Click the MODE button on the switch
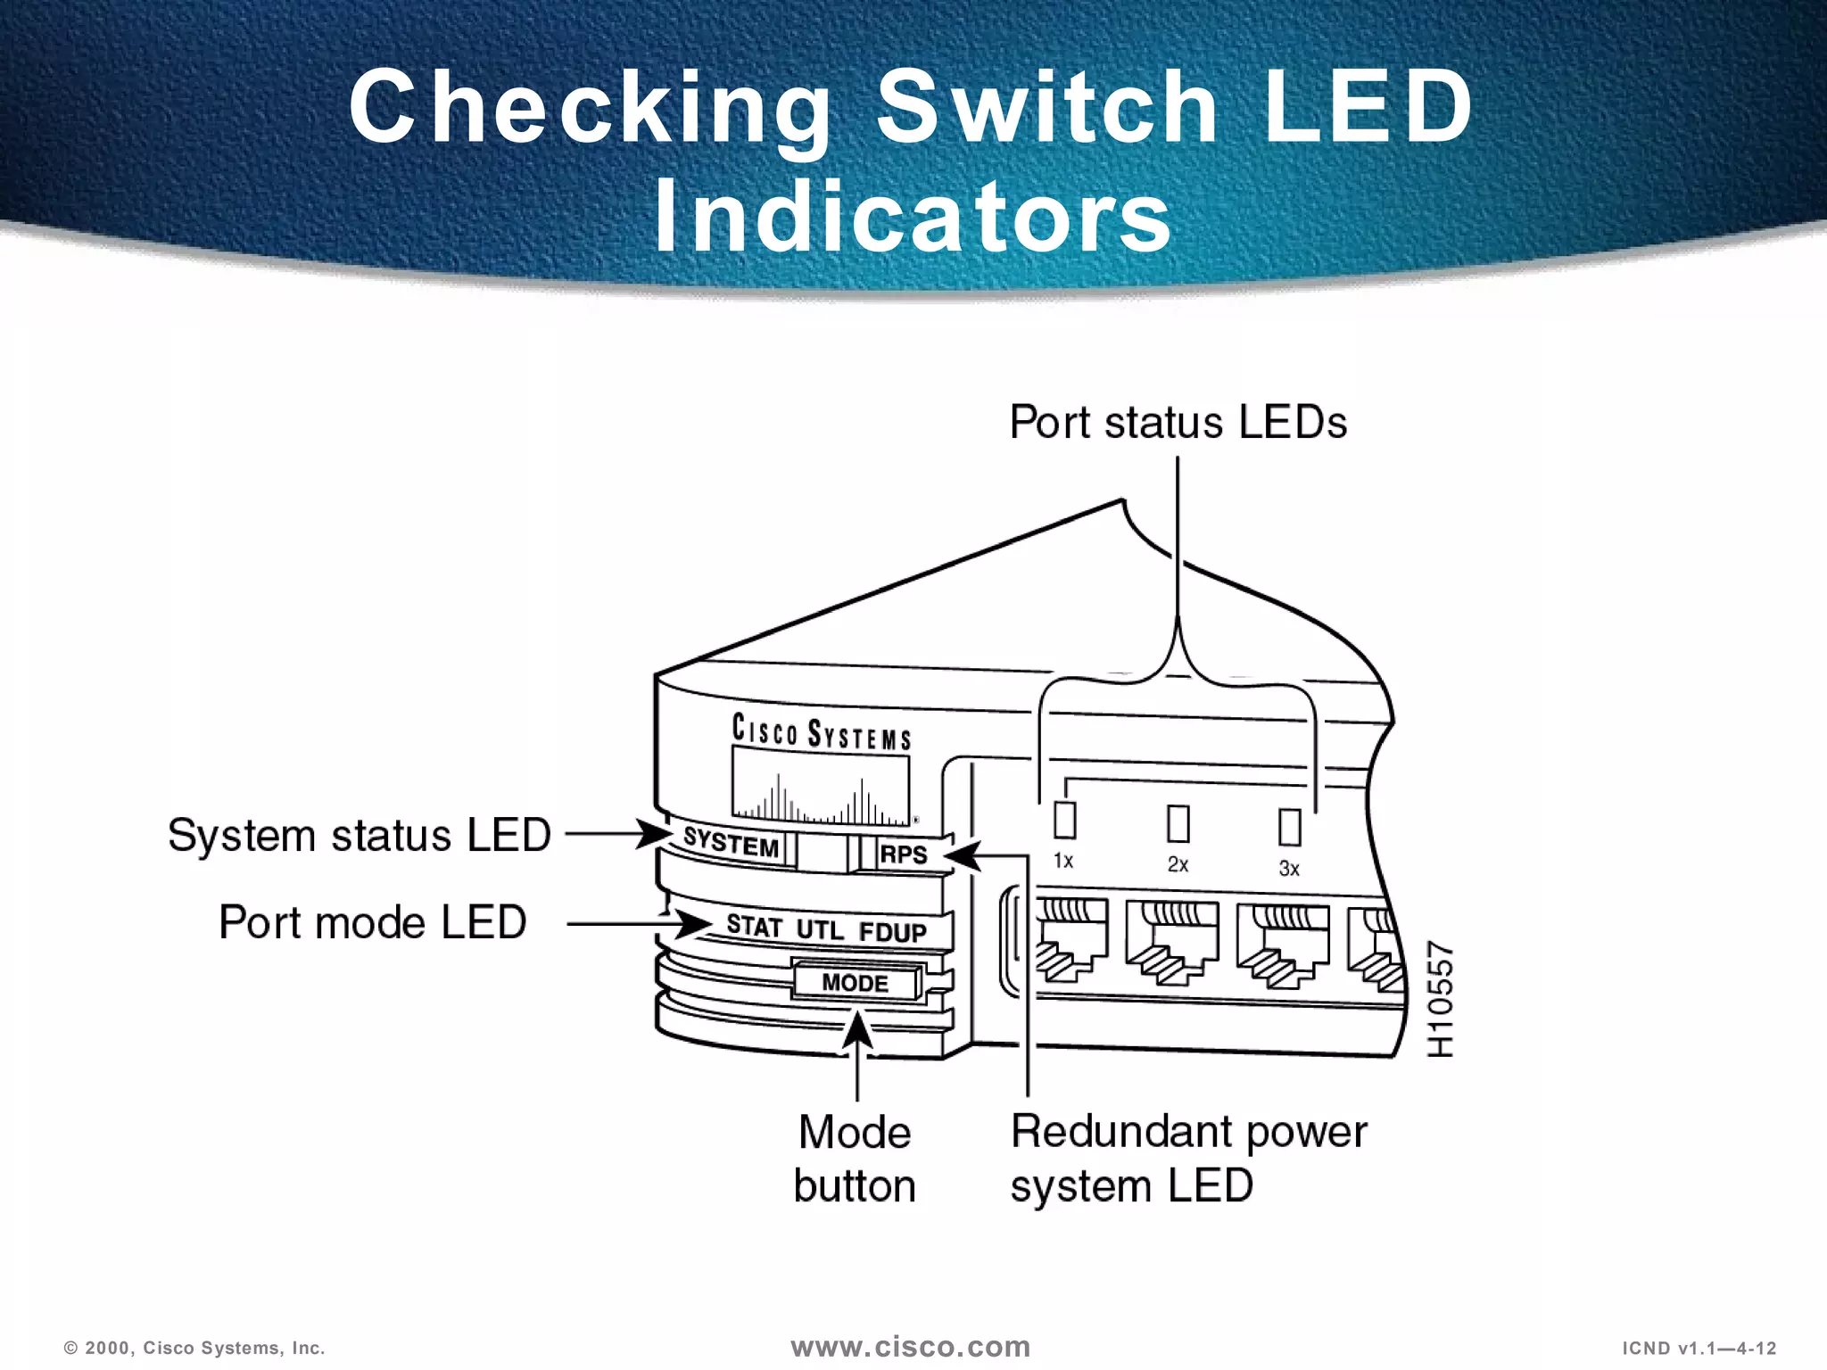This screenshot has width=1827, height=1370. (x=855, y=982)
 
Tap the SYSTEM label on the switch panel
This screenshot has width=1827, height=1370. (x=732, y=842)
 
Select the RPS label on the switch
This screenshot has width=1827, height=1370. (x=904, y=854)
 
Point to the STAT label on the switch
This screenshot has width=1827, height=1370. (x=754, y=926)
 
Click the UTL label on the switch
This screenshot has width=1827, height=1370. (x=819, y=929)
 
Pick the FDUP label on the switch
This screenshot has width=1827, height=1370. (x=892, y=932)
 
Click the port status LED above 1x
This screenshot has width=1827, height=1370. (x=1064, y=820)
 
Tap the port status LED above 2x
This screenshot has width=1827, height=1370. (x=1178, y=823)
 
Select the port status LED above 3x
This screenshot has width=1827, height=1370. (x=1289, y=827)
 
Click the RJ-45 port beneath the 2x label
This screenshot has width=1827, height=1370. (x=1171, y=943)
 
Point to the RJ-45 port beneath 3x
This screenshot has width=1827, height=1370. (x=1282, y=947)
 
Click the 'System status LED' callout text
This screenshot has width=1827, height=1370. (x=359, y=836)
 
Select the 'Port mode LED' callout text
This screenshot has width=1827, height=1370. (x=372, y=922)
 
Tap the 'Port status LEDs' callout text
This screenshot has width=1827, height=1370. (x=1178, y=422)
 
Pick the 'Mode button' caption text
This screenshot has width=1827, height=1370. (x=855, y=1159)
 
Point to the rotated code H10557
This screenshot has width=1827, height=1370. (x=1440, y=999)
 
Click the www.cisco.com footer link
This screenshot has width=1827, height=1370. (x=910, y=1347)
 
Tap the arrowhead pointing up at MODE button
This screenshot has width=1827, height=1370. (x=857, y=1030)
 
